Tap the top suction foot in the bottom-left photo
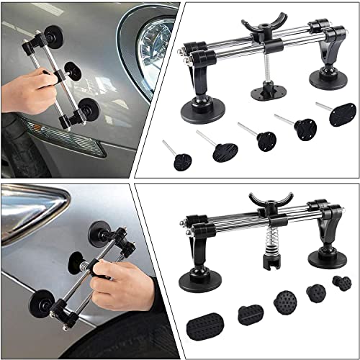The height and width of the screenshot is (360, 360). [x=99, y=235]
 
